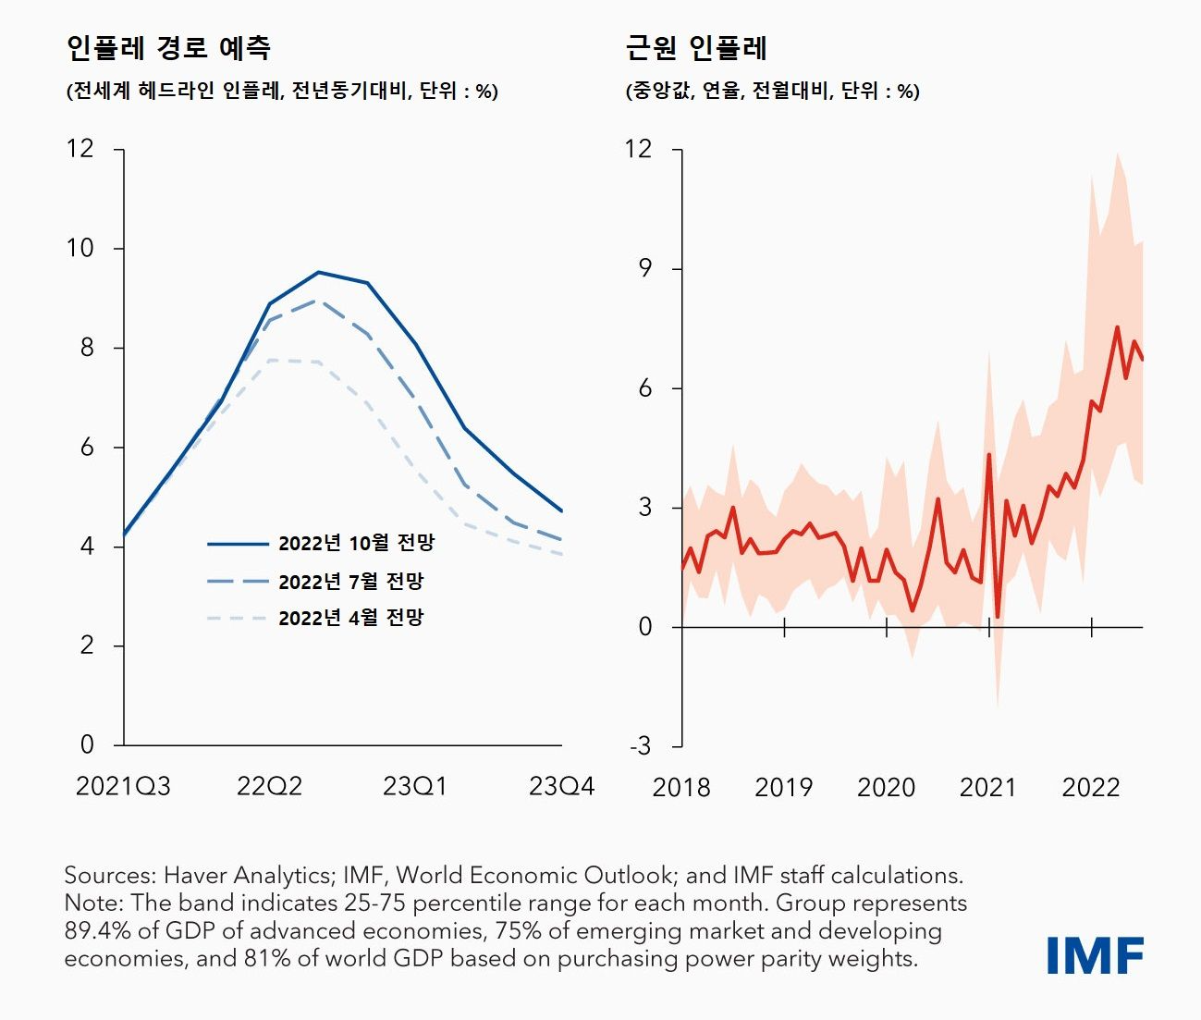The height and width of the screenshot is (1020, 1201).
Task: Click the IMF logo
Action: tap(1095, 955)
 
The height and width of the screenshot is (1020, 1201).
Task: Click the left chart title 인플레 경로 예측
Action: tap(168, 47)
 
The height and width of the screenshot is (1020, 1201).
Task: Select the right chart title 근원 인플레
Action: tap(696, 47)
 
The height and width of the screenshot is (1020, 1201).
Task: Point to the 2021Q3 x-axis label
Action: tap(123, 786)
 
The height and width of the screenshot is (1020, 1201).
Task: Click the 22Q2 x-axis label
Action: tap(269, 786)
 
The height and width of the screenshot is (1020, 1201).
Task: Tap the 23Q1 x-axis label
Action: tap(415, 786)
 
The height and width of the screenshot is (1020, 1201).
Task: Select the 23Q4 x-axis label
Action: tap(561, 786)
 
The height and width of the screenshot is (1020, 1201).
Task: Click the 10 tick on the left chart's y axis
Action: tap(80, 248)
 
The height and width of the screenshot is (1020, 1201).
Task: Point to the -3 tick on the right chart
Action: tap(640, 746)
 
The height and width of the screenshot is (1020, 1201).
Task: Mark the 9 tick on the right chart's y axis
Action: tap(644, 268)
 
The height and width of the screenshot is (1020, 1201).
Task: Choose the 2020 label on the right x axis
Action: tap(886, 788)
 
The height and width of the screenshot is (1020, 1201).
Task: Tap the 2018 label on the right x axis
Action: tap(681, 788)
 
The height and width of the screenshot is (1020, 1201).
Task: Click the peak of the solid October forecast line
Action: tap(318, 272)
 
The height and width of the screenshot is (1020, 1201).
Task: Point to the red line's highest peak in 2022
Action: tap(1117, 326)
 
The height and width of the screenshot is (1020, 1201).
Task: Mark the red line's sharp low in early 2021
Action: tap(998, 617)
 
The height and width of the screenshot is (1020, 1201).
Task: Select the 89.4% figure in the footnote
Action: tap(93, 931)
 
